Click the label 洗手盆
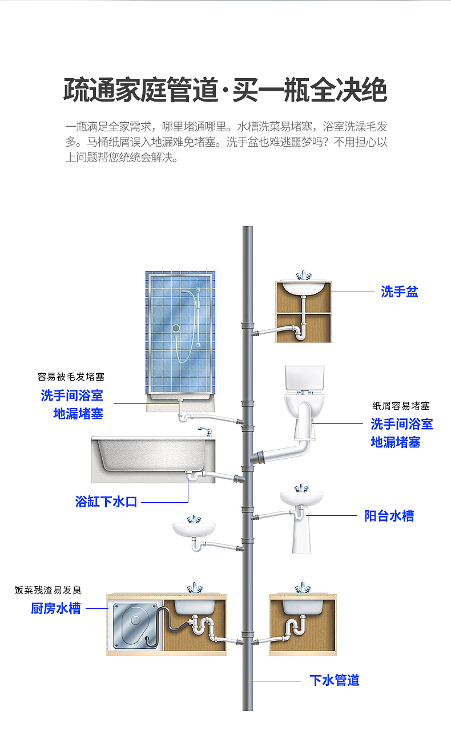tap(400, 292)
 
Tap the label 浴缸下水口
tap(106, 502)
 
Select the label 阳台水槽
tap(389, 516)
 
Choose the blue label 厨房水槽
tap(55, 608)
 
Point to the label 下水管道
tap(335, 680)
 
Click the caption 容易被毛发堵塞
tap(71, 377)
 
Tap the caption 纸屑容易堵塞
tap(401, 406)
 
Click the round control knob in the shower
tap(176, 328)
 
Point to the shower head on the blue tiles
tap(187, 292)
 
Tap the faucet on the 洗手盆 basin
tap(303, 276)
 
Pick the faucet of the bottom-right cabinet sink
tap(302, 588)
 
